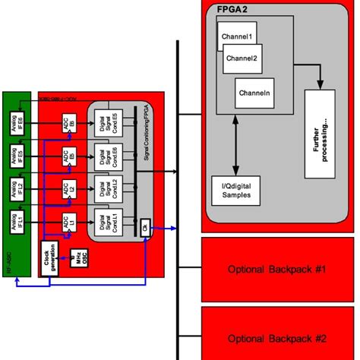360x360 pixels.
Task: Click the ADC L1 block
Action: point(67,222)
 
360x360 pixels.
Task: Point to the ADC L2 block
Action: point(67,189)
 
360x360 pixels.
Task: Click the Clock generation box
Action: point(48,260)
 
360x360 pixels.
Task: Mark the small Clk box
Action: point(144,226)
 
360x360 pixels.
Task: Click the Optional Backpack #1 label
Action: point(276,270)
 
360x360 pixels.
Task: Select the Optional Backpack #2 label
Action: point(276,338)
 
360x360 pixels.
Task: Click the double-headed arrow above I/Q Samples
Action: point(240,144)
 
